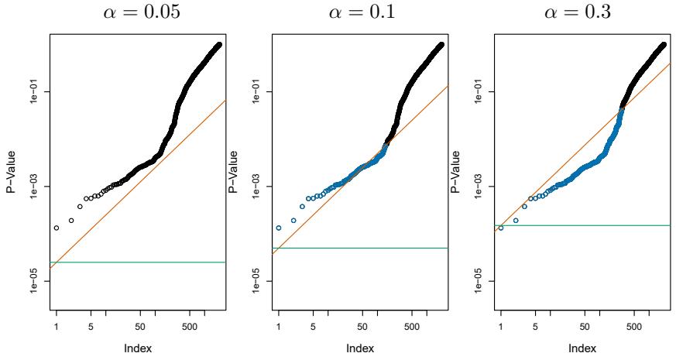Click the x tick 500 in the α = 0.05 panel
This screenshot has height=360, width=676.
click(x=189, y=327)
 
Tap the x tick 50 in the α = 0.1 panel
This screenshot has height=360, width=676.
click(x=362, y=327)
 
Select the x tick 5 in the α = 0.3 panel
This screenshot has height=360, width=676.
click(x=535, y=327)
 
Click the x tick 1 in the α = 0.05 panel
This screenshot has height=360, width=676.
click(x=56, y=327)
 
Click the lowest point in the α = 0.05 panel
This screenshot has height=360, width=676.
click(x=56, y=228)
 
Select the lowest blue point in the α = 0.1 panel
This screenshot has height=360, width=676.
click(x=278, y=228)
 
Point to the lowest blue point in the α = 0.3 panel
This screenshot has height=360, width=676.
click(x=500, y=228)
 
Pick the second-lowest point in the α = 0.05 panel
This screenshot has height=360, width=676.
click(x=71, y=221)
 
